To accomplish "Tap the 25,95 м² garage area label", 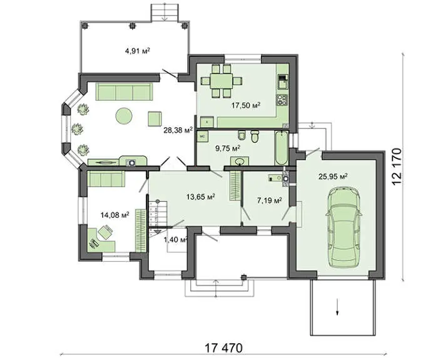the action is (x=333, y=177).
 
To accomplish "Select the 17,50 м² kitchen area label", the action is (x=246, y=105).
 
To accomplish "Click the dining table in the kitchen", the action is (x=222, y=81).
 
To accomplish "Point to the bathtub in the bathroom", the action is (x=282, y=148).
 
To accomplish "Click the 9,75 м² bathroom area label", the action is (x=228, y=148).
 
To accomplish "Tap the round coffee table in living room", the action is (x=124, y=116).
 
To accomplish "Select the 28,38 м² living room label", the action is (x=178, y=130).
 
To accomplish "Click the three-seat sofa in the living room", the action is (x=125, y=91).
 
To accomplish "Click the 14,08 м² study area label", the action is (x=115, y=215).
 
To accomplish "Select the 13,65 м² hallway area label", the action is (x=201, y=197).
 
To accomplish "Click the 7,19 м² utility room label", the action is (x=269, y=200).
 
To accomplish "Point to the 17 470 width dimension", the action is (x=224, y=348).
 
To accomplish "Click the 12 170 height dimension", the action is (x=397, y=167).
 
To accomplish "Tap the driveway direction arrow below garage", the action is (x=337, y=307).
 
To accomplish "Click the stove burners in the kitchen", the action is (x=282, y=100).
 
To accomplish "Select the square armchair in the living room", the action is (x=155, y=119).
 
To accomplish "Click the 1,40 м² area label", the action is (x=175, y=240).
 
